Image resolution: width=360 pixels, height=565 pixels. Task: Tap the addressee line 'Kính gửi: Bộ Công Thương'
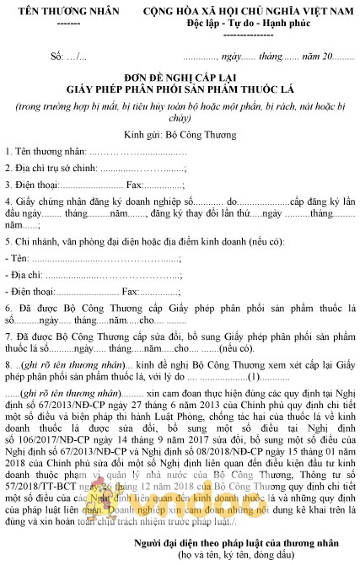179,133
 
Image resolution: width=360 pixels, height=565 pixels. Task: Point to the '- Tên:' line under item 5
17,259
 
